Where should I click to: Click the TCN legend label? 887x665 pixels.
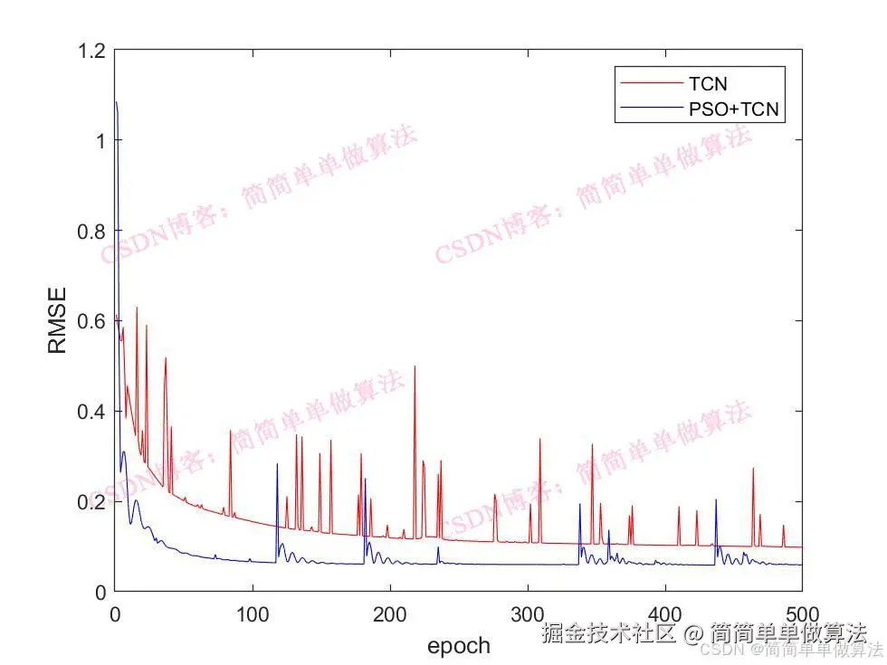[x=707, y=85]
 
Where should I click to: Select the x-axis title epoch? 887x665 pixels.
[x=458, y=645]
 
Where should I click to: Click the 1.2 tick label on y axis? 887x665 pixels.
[x=91, y=51]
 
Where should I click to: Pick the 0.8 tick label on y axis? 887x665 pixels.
[x=91, y=231]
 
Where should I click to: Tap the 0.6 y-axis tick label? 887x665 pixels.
[x=91, y=321]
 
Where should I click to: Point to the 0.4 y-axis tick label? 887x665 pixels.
[x=91, y=412]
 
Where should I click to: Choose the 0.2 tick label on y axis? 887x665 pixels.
[x=91, y=501]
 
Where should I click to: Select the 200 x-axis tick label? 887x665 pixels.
[x=390, y=612]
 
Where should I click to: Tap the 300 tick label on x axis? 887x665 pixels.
[x=528, y=612]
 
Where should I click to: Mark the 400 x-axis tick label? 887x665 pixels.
[x=665, y=612]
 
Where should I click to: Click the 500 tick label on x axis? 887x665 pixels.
[x=801, y=612]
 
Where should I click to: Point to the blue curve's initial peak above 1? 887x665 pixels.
[x=117, y=103]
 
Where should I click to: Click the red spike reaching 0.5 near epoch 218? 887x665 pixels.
[x=415, y=367]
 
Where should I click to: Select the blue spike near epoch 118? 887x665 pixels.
[x=277, y=465]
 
